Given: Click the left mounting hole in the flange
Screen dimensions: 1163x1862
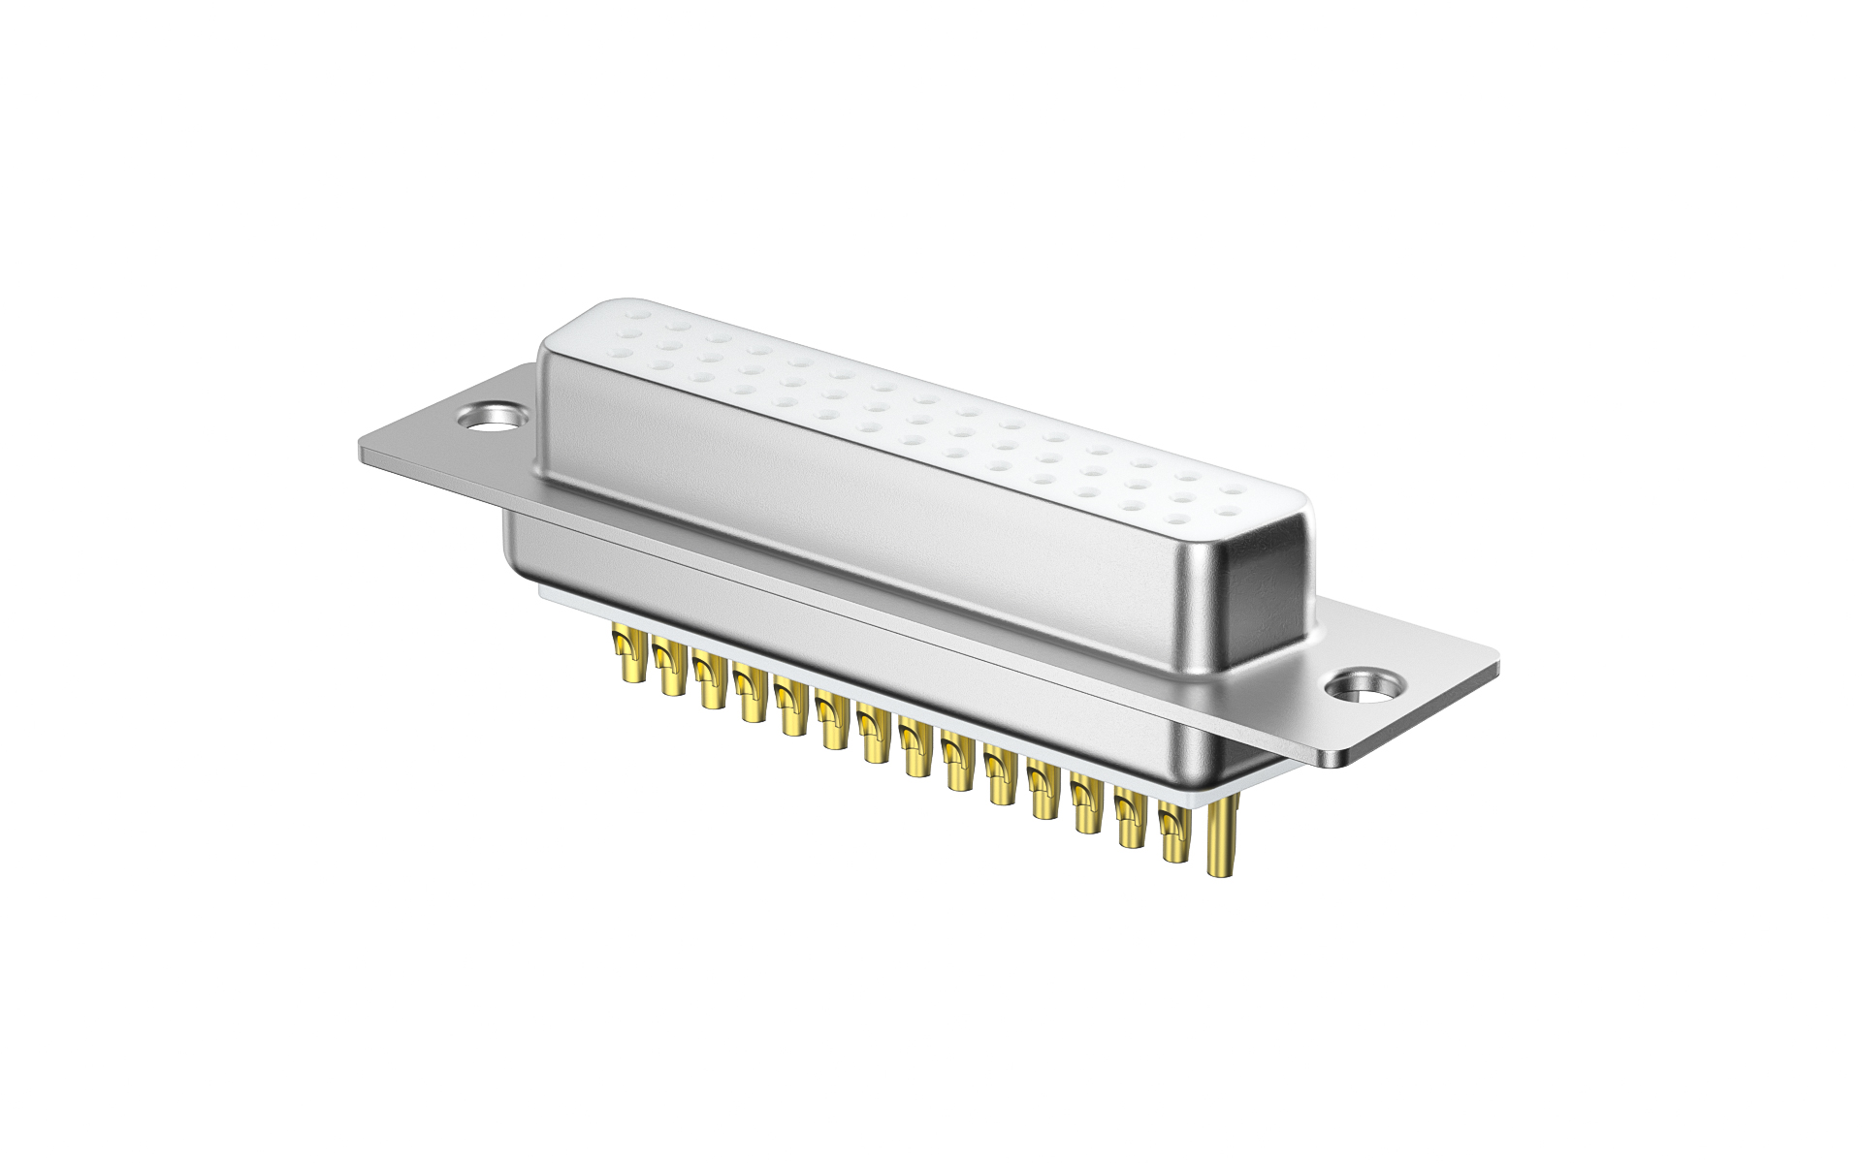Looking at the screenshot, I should coord(492,418).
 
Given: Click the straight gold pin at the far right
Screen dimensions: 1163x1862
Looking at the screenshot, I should coord(1219,837).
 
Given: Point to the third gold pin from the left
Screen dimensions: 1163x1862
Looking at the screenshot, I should coord(708,679).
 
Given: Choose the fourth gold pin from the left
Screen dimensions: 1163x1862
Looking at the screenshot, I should coord(749,692).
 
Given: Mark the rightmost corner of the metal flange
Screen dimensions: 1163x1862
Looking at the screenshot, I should coord(1497,662).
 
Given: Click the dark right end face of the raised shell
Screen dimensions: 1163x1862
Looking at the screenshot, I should coord(1264,601).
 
